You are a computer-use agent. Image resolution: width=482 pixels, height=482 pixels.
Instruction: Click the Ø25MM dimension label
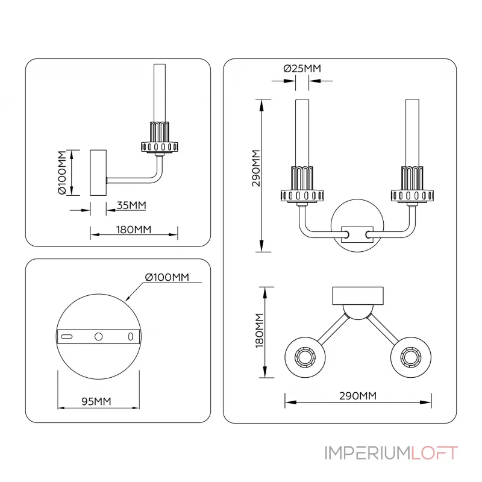click(302, 68)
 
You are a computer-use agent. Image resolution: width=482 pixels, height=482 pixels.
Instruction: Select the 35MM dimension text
click(131, 205)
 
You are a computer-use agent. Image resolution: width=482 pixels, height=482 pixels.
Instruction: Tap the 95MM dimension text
click(96, 401)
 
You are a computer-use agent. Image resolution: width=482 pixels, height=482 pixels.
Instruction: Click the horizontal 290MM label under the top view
click(357, 396)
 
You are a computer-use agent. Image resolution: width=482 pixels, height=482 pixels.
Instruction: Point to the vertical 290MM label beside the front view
click(255, 169)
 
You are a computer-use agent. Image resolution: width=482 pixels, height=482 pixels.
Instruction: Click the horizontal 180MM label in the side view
click(134, 230)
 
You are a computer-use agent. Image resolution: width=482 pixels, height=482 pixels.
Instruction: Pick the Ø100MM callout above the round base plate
click(167, 277)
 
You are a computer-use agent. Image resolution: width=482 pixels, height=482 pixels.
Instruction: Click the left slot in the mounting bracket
click(67, 336)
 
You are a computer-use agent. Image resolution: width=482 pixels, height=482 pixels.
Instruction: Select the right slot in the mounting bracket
click(130, 336)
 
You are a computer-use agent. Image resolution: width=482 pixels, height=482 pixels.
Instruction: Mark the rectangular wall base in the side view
click(98, 172)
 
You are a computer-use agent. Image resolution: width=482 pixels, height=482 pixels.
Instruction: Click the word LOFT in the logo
click(434, 453)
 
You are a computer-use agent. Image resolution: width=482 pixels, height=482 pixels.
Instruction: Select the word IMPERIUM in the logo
click(367, 453)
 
